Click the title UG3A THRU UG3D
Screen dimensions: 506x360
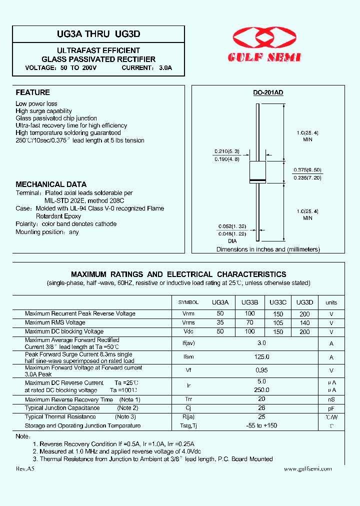point(98,34)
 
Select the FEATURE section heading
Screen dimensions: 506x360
point(33,92)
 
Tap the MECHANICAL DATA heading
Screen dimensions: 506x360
point(51,184)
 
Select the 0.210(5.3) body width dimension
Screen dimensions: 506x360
point(227,151)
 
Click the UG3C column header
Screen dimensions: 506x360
point(278,302)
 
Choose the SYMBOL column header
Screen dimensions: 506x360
point(188,302)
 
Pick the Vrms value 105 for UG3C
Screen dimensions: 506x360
point(278,323)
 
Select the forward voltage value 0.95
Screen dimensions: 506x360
point(261,370)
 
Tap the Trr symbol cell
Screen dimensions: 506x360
point(188,399)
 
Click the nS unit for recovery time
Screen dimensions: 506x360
point(331,399)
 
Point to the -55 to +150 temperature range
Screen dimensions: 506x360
point(261,425)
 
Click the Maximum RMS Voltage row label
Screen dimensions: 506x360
point(55,322)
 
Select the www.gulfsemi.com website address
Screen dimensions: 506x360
point(307,469)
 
